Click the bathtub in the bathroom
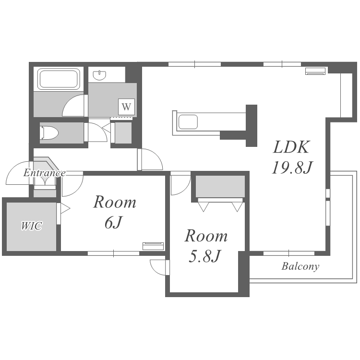pos(59,79)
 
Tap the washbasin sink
pos(100,75)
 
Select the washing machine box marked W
pos(126,107)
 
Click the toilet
pos(49,132)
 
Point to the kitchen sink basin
pos(188,122)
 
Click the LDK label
pos(291,147)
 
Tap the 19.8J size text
pos(292,168)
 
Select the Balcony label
pos(300,266)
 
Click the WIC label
pos(32,226)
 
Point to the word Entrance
pos(44,173)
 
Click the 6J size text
pos(112,222)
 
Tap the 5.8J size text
pos(205,256)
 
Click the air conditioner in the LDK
pos(315,71)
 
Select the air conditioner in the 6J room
pos(153,246)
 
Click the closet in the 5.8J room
pos(220,186)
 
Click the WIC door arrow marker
pos(65,209)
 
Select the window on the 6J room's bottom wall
pos(114,253)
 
